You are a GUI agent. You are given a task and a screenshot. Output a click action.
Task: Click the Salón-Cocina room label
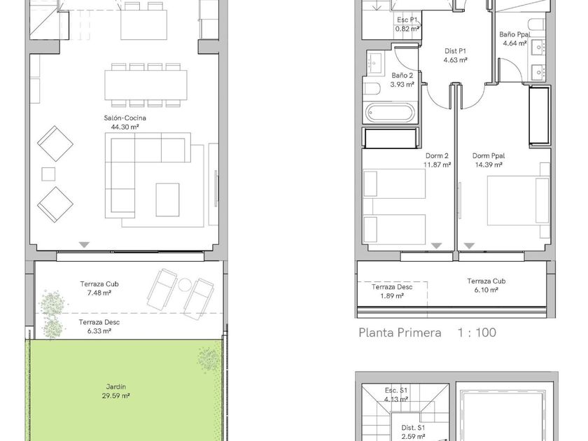coord(125,118)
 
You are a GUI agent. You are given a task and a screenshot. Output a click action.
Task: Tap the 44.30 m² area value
coord(125,127)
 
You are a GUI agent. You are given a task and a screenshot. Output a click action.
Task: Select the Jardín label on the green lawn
coord(116,386)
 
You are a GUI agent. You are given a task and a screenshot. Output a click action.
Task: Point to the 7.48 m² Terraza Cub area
coord(99,293)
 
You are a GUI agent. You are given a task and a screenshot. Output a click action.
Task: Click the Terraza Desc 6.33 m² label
coord(99,326)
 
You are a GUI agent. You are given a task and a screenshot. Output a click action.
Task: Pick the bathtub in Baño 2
coord(390,113)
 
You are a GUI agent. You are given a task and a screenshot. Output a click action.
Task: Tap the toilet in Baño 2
coord(372,89)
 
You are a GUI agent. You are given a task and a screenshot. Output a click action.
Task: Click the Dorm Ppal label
coord(489,155)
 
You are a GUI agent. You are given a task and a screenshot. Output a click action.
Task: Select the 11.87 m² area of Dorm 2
coord(437,164)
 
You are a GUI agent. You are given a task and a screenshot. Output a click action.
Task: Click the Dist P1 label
coord(455,51)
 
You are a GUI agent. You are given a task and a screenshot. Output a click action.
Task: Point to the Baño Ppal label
coord(514,34)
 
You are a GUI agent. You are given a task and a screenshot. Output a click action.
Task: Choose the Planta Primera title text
coord(400,332)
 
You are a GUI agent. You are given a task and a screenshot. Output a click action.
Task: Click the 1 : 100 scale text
coord(477,332)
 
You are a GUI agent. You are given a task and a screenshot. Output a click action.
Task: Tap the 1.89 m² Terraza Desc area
coord(391,296)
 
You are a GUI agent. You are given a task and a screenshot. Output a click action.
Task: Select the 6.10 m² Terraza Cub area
coord(486,290)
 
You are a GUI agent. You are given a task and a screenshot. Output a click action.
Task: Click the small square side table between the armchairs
coord(48,174)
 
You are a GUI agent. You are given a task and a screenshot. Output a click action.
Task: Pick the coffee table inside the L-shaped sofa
coord(167,199)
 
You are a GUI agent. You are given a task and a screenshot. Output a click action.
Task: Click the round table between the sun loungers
coord(185,285)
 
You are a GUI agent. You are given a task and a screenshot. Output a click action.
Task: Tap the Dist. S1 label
coord(413,428)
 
